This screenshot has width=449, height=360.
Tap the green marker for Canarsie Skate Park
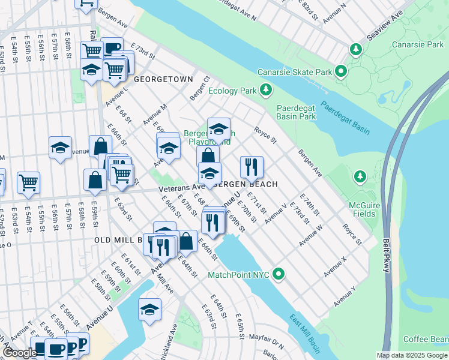click(x=342, y=72)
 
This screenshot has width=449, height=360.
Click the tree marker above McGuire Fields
click(x=360, y=176)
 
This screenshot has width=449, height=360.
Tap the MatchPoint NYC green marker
click(x=278, y=275)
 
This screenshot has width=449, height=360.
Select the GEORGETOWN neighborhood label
click(x=163, y=79)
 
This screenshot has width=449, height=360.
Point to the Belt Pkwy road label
click(x=387, y=257)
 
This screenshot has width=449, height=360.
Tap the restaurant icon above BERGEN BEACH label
click(x=251, y=167)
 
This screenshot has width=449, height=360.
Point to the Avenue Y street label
click(x=346, y=295)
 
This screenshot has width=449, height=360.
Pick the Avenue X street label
click(x=336, y=267)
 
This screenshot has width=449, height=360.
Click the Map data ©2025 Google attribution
click(x=412, y=355)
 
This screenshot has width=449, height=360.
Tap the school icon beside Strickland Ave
click(x=150, y=310)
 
